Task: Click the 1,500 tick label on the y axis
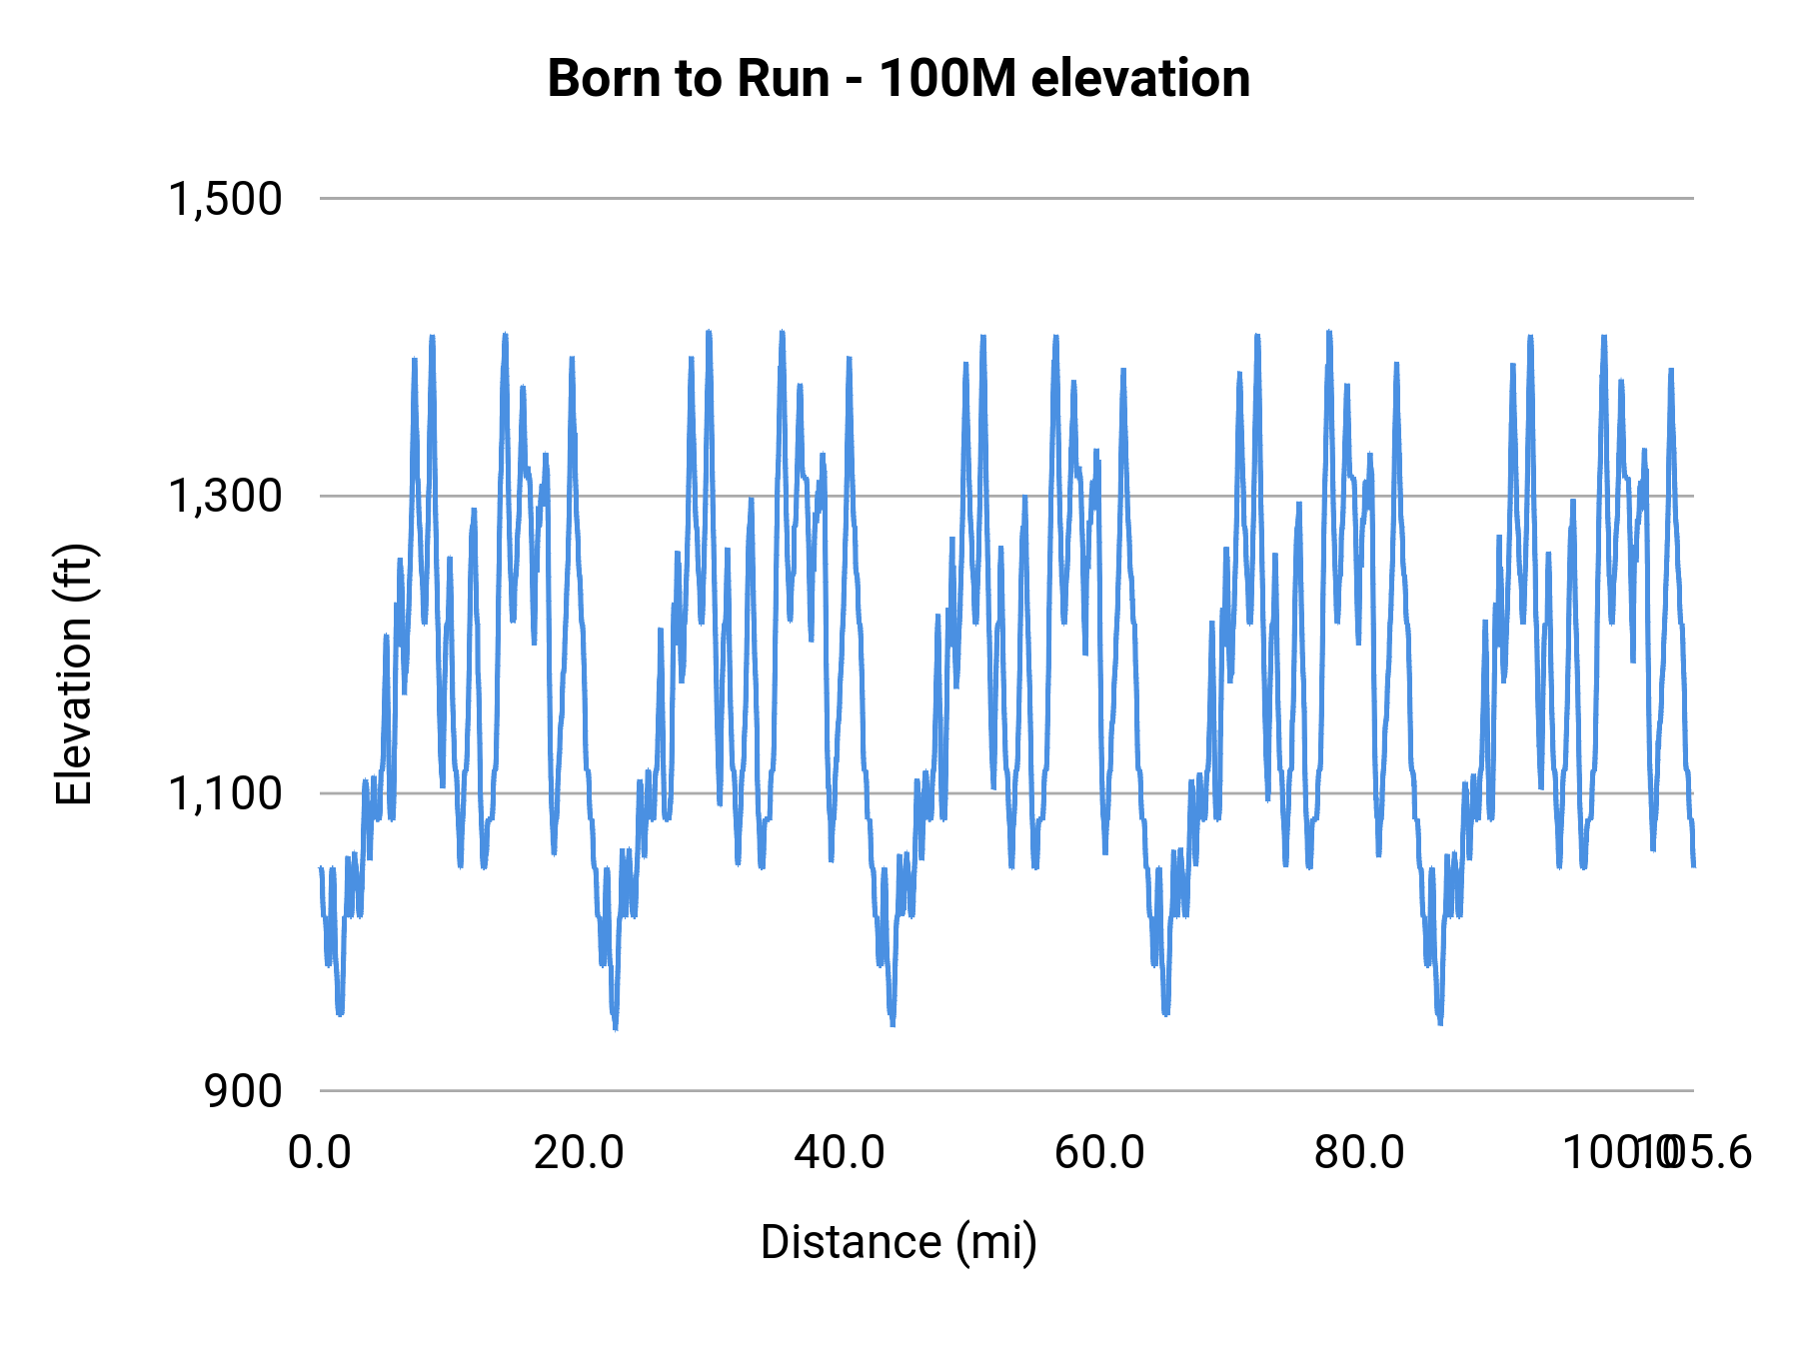(225, 199)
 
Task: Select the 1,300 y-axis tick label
(225, 496)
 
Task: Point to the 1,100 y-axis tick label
(225, 793)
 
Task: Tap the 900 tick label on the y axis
(243, 1091)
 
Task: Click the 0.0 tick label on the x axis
(320, 1153)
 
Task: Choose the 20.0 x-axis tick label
(579, 1153)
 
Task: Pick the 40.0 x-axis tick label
(840, 1153)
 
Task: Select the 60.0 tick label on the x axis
(1099, 1153)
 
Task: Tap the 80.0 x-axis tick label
(1359, 1153)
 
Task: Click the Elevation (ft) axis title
(74, 674)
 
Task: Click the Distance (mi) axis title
(899, 1242)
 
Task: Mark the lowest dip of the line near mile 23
(616, 1028)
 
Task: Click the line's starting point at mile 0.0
(321, 867)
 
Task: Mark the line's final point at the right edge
(1693, 865)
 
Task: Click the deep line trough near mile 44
(893, 1024)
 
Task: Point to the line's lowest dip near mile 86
(1440, 1023)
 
